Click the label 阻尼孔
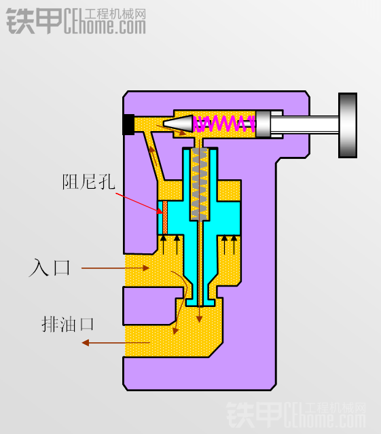coord(88,182)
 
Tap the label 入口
coord(50,268)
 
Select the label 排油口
coord(68,324)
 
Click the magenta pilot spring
coord(224,124)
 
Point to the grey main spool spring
coord(199,184)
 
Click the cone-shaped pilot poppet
coord(178,124)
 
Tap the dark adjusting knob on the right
coord(348,126)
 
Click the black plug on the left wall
coord(128,124)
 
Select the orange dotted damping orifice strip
coord(165,217)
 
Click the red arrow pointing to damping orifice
coord(139,204)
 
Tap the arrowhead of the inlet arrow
coord(146,268)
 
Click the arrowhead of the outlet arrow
coord(86,343)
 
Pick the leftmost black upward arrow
coord(164,245)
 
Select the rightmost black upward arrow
coord(234,245)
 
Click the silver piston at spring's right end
coord(263,124)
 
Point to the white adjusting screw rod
coord(304,125)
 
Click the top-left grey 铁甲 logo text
coord(34,21)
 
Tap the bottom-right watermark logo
coord(296,414)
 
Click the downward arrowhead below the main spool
coord(199,319)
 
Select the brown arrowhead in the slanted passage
coord(152,150)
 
